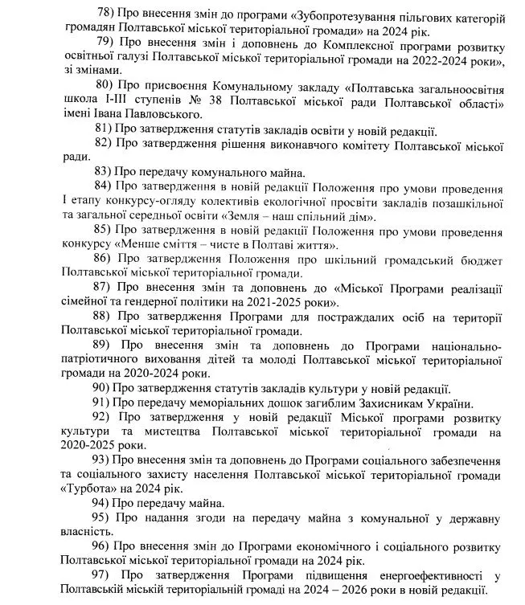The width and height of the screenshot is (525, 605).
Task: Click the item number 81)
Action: (x=105, y=130)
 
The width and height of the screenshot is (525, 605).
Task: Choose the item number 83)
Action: (x=105, y=171)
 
